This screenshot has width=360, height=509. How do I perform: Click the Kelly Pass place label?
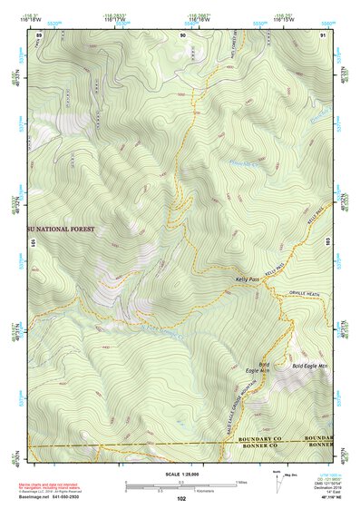[248, 279]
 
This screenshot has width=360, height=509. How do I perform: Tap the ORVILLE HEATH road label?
[306, 292]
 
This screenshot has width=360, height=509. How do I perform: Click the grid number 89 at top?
[39, 34]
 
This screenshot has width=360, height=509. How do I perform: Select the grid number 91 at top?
[324, 34]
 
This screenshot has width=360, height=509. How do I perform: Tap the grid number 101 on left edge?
[34, 242]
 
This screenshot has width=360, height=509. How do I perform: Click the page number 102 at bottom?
[182, 499]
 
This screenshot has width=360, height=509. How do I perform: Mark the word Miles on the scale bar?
[239, 482]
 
